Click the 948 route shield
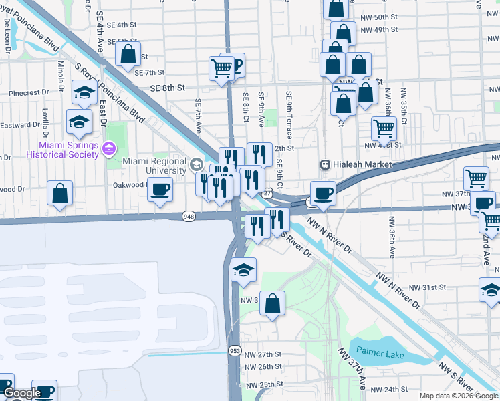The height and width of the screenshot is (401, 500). (x=188, y=216)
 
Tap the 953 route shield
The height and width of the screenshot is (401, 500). (x=234, y=350)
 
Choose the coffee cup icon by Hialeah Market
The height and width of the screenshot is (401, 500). (x=323, y=192)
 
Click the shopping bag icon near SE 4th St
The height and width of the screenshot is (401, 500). (x=127, y=53)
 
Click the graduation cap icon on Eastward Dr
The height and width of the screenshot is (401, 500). (x=79, y=122)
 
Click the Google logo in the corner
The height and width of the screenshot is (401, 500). (x=21, y=394)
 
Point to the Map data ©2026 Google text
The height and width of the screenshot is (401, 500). (x=459, y=396)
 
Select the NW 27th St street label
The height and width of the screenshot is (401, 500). (x=263, y=354)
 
